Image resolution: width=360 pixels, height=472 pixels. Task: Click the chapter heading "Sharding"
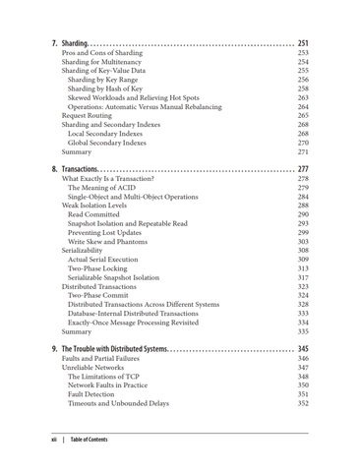pyautogui.click(x=74, y=43)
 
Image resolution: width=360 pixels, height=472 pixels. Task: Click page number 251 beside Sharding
pyautogui.click(x=302, y=43)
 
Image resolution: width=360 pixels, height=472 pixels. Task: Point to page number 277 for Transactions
pyautogui.click(x=302, y=169)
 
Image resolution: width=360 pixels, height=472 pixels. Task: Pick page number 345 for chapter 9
pyautogui.click(x=302, y=349)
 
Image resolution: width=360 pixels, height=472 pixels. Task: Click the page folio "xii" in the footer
pyautogui.click(x=54, y=440)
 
